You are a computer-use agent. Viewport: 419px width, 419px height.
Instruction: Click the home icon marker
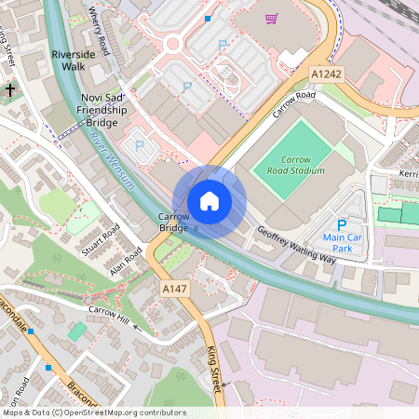[209, 200]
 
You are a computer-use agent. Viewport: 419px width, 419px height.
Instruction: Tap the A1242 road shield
[327, 74]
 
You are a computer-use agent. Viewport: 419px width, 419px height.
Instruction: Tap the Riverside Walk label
[74, 61]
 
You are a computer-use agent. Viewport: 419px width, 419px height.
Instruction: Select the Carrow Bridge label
[174, 223]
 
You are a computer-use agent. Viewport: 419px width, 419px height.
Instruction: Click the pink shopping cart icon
[271, 18]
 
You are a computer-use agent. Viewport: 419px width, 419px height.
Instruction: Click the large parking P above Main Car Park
[341, 225]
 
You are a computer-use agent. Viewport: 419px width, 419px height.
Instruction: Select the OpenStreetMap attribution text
[93, 412]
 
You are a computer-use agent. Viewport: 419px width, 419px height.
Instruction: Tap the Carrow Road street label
[293, 104]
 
